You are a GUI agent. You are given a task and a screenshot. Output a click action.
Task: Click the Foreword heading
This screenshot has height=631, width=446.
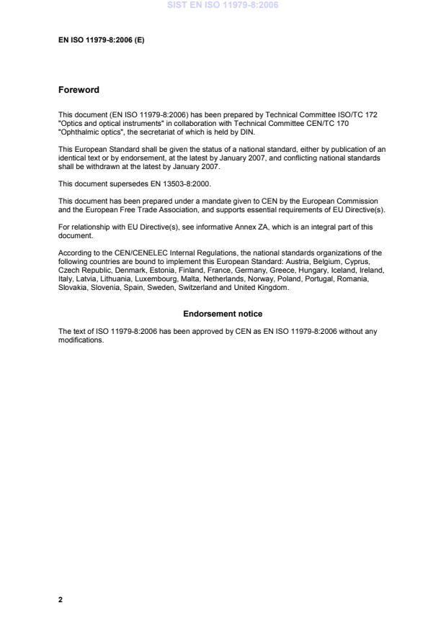tap(79, 90)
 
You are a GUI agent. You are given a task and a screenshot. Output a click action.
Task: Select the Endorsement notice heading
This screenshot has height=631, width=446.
tap(223, 314)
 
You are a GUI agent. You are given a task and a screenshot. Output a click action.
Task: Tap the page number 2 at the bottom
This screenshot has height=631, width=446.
tap(61, 599)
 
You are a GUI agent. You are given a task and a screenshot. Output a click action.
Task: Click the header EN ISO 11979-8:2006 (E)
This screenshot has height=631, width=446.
tap(101, 40)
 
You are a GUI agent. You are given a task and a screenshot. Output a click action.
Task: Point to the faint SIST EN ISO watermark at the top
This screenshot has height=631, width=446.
tap(223, 5)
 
